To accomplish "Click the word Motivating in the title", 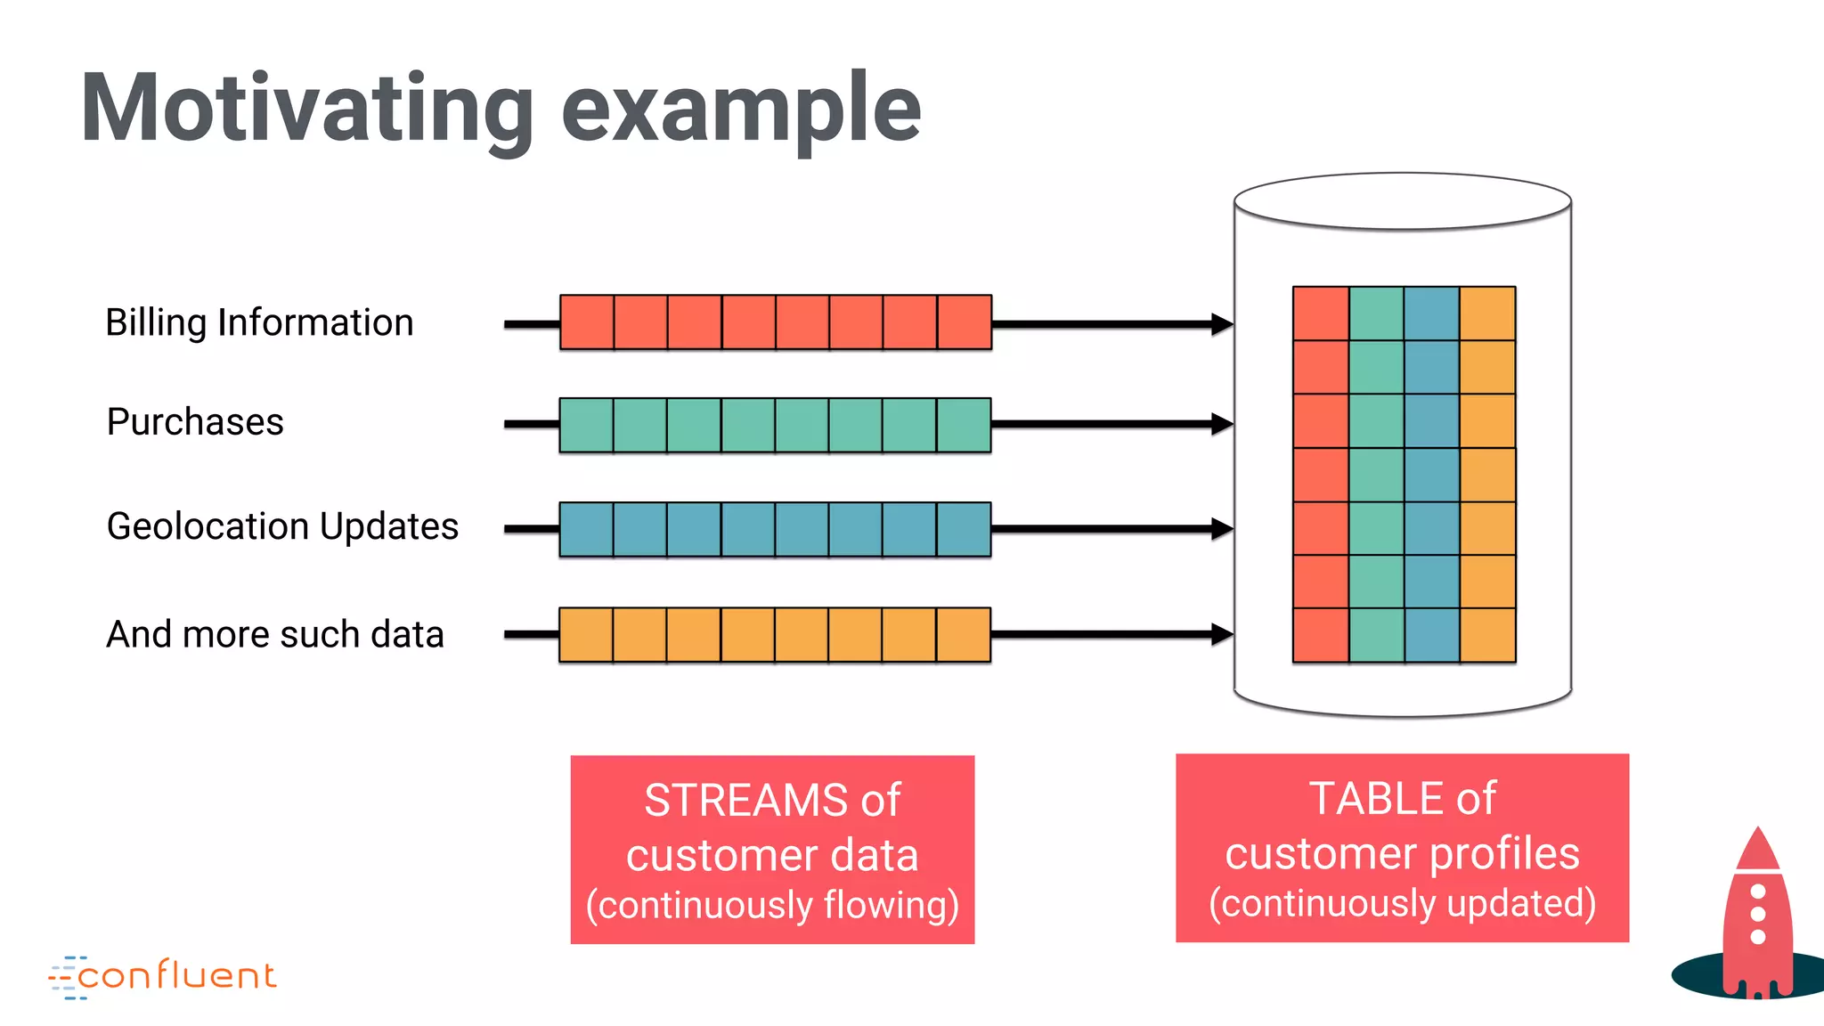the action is click(x=307, y=109).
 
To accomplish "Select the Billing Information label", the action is click(x=259, y=323).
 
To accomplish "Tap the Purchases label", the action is click(x=195, y=422).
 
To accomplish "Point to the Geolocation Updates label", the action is click(x=282, y=527).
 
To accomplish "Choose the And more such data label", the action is click(x=275, y=634).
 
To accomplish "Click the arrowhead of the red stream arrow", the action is click(x=1222, y=324).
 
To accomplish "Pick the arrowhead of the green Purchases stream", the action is click(x=1222, y=424).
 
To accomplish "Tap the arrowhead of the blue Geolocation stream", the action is click(x=1222, y=529).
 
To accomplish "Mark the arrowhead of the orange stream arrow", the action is click(x=1222, y=634).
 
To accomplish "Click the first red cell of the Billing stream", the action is click(x=587, y=322).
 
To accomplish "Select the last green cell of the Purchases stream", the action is click(x=964, y=425).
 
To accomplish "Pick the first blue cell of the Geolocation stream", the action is click(x=586, y=529).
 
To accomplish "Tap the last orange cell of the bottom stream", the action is click(x=964, y=635).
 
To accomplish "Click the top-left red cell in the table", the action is click(x=1321, y=313).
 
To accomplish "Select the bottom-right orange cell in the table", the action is click(x=1487, y=635).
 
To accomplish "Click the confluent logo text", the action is click(x=177, y=976).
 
